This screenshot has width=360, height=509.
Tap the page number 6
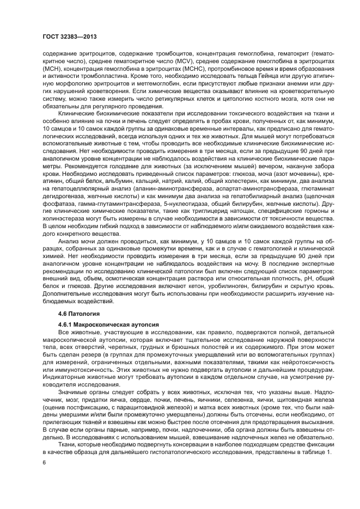[x=44, y=462]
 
